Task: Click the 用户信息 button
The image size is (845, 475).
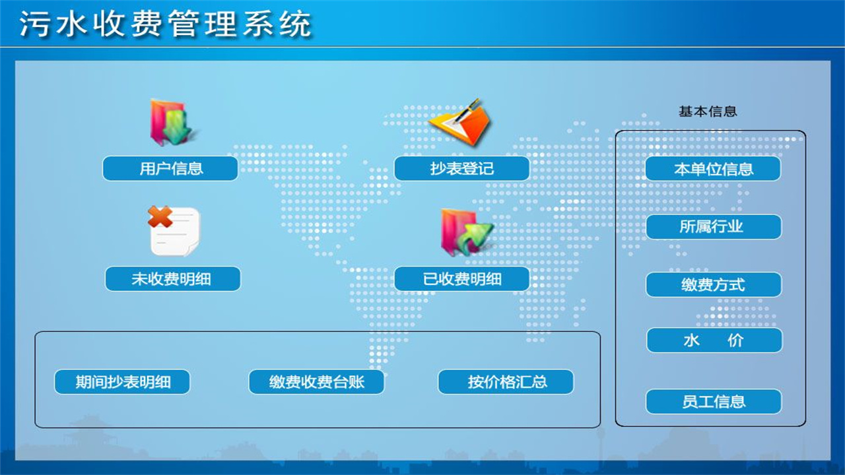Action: coord(170,169)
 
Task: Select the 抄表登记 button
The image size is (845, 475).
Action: coord(461,169)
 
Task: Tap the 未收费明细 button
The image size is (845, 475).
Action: coord(172,279)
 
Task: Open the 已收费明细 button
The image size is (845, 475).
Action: coord(461,279)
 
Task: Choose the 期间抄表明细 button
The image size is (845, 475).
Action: coord(122,382)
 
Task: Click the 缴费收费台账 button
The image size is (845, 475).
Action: coord(316,382)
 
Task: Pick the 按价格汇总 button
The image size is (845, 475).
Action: coord(506,382)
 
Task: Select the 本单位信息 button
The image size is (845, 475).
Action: coord(713,169)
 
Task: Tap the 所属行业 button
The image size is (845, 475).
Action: coord(713,227)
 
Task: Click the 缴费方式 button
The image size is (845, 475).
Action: coord(713,285)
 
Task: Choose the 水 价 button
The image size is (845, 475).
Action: coord(714,340)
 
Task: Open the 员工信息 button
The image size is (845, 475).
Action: coord(713,402)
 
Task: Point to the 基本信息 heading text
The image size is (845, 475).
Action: coord(708,111)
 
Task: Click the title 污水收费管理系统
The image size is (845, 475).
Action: coord(165,25)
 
